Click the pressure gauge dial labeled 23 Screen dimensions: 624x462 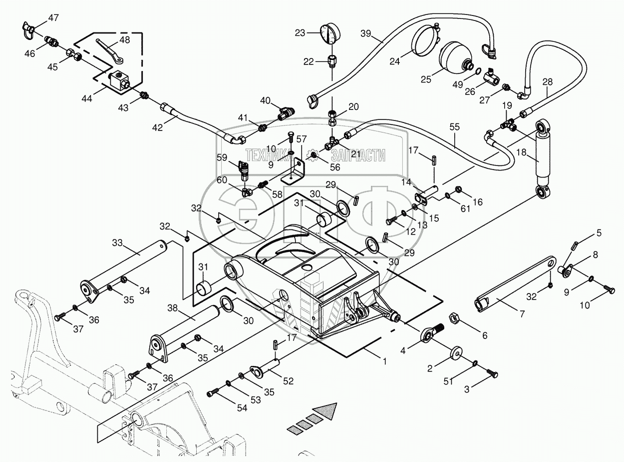(330, 34)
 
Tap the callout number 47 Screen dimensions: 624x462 (53, 18)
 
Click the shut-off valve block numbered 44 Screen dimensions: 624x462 (120, 81)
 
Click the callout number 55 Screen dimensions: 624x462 (454, 127)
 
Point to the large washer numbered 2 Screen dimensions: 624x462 (457, 353)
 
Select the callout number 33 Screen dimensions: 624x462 (117, 242)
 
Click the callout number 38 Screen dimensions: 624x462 (172, 308)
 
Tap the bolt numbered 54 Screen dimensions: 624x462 (213, 393)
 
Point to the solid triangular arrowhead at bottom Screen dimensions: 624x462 (326, 410)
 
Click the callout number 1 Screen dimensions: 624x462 (384, 361)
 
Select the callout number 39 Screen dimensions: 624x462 (366, 33)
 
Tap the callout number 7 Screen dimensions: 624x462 (522, 313)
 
